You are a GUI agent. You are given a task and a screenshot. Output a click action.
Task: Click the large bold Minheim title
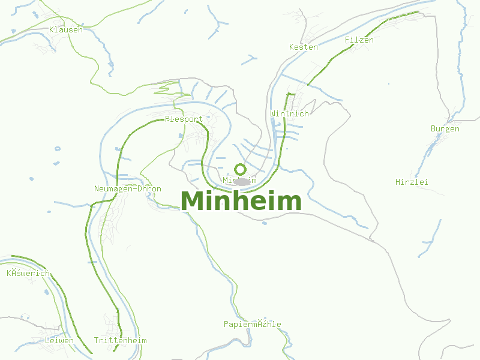[241, 201]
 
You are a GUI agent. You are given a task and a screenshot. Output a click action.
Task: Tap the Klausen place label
[66, 29]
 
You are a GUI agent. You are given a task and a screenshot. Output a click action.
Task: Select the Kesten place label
[304, 47]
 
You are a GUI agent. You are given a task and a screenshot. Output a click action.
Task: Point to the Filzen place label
[359, 40]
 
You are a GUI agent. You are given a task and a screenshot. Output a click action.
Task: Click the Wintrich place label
[289, 113]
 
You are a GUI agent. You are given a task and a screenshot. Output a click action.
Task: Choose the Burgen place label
[445, 128]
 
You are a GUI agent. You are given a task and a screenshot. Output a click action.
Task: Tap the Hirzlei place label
[412, 182]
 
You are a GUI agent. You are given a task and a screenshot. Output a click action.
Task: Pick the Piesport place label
[184, 119]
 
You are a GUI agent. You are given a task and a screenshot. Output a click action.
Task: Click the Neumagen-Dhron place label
[128, 188]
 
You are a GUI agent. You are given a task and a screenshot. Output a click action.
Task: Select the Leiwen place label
[59, 340]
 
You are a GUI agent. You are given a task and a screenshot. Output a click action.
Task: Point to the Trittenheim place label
[120, 340]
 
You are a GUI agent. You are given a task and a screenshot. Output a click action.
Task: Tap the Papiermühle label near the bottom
[252, 324]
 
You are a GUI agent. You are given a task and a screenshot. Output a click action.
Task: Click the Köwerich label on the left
[28, 273]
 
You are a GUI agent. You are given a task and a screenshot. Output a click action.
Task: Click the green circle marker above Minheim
[240, 169]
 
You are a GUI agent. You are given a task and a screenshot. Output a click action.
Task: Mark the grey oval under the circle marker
[241, 181]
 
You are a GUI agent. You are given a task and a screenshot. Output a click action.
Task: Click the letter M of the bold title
[193, 201]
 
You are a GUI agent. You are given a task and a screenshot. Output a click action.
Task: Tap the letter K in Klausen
[52, 29]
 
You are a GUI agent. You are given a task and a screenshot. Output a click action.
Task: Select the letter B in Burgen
[433, 128]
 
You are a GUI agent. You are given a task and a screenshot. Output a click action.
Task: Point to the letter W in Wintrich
[273, 113]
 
